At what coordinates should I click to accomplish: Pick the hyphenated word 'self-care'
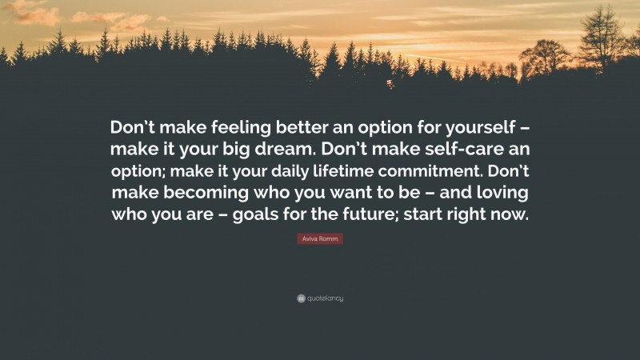[459, 151]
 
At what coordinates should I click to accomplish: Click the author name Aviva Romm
[320, 238]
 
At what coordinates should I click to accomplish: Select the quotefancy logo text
[325, 298]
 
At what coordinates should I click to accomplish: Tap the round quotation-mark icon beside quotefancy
[301, 298]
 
